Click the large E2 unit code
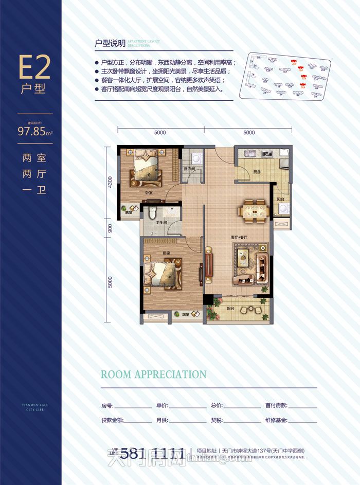[x=34, y=67]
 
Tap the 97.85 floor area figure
[x=32, y=131]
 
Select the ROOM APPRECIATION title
[x=153, y=374]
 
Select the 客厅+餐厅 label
[x=240, y=238]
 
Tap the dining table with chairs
[x=251, y=211]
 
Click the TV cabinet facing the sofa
[x=209, y=265]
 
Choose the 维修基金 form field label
[x=276, y=420]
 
